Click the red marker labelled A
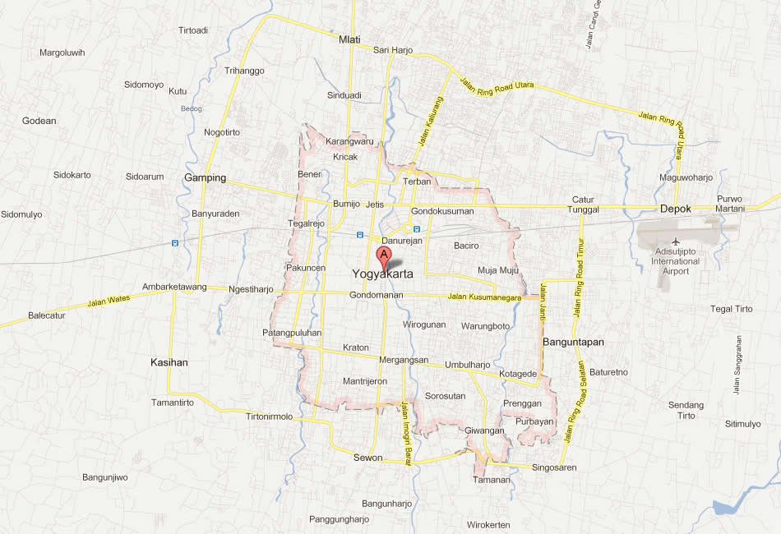[383, 255]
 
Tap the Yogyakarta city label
[382, 274]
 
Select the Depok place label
[676, 209]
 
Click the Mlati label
[349, 39]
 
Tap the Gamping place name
[205, 177]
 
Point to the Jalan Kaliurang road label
[426, 125]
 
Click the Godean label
[39, 121]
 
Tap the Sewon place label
[367, 458]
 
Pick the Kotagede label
[518, 374]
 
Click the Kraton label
[356, 348]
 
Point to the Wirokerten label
[488, 525]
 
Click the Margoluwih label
[62, 53]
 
